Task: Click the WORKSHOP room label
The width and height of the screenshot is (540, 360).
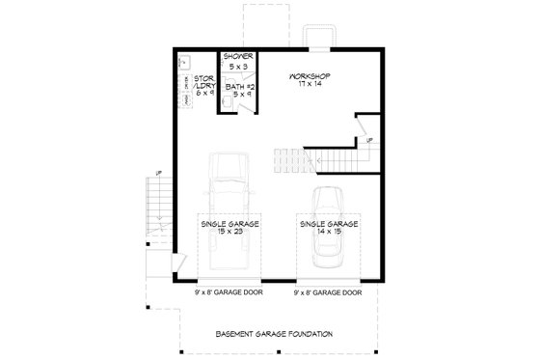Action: click(310, 74)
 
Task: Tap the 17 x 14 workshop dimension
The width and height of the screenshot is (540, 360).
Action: click(310, 84)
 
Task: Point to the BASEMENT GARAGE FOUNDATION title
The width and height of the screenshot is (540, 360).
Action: click(274, 334)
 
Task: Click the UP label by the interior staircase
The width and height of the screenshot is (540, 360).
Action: click(368, 142)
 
